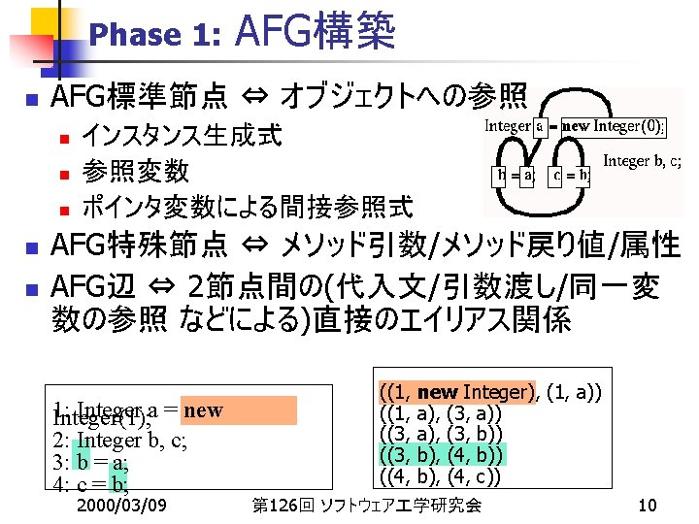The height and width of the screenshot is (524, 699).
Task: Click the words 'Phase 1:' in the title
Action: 154,36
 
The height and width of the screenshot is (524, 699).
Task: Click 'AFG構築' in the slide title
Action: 316,31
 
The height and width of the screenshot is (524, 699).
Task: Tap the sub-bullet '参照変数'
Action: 135,171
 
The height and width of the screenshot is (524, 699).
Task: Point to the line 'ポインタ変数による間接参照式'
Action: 248,207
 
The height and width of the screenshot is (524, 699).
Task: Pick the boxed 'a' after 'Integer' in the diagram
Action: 540,126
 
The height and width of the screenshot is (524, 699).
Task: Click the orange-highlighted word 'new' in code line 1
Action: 202,409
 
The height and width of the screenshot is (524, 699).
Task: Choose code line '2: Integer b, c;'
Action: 120,442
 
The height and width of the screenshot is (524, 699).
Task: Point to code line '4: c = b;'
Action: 91,483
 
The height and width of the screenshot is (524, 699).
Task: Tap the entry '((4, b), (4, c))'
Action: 442,476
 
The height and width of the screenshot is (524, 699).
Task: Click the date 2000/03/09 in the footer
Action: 120,505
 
